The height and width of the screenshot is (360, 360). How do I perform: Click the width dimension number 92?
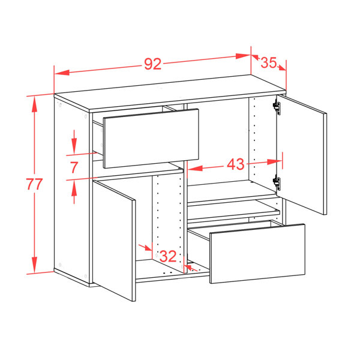coord(153,64)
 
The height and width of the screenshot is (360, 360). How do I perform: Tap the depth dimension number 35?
coord(269,62)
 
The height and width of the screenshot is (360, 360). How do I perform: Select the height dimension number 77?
coord(34,184)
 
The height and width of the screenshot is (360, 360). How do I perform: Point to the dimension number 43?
coord(236,164)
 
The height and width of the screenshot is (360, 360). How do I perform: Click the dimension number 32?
coord(168,256)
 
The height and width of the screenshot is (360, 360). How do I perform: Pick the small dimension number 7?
coord(74,167)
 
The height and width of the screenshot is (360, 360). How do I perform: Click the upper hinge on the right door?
coord(277,108)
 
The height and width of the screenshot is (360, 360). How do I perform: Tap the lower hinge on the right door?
coord(277,183)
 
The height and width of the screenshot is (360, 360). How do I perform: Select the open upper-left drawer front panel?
coord(151,139)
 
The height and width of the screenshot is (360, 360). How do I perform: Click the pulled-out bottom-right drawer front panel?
coord(257,254)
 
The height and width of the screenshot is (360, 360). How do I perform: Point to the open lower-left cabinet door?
coord(114,241)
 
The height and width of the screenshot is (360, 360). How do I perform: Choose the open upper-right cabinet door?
coord(302,155)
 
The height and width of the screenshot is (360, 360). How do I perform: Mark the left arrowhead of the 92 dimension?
coord(62,73)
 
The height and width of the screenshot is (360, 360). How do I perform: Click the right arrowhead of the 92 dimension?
coord(243,56)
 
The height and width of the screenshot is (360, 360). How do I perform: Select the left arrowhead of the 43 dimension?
coord(195,168)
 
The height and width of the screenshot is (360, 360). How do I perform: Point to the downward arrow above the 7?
coord(74,142)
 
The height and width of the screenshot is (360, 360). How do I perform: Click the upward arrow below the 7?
coord(74,192)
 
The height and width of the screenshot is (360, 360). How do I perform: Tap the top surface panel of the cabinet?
coord(170,93)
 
